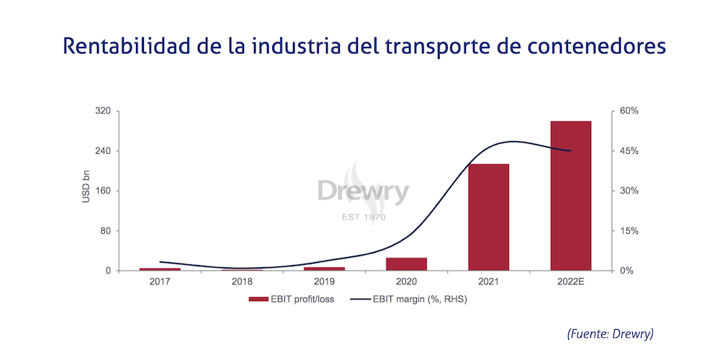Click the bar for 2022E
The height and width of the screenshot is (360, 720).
coord(570,196)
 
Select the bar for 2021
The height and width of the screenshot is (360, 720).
coord(488,217)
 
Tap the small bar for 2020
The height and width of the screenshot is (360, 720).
coord(406,264)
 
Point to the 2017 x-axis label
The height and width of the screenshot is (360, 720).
coord(160,282)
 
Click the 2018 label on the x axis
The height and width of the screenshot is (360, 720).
coord(242,282)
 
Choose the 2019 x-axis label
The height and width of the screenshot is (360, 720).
coord(324,282)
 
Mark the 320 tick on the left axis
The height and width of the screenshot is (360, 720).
coord(102,112)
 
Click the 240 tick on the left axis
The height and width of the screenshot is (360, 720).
coord(102,151)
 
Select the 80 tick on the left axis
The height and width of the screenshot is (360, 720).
coord(104,231)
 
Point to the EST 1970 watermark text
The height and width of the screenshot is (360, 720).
coord(364,217)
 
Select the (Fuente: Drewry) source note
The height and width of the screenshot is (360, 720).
coord(610,333)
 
